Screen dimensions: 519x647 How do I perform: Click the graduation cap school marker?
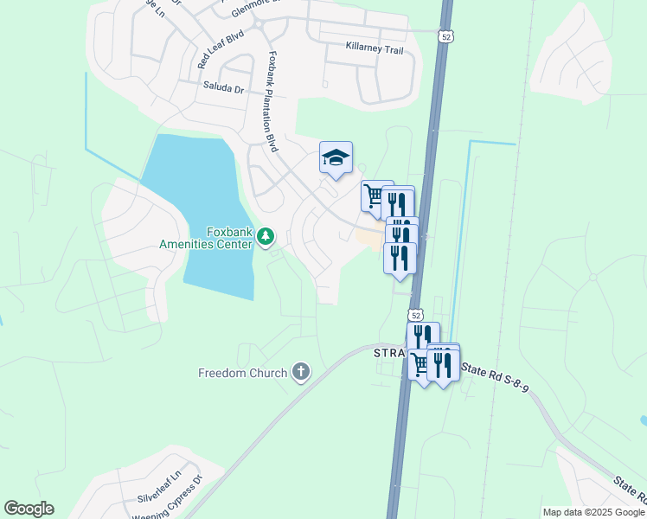336,158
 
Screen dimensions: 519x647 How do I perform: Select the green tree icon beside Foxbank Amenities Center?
266,236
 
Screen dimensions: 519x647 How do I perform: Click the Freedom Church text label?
241,373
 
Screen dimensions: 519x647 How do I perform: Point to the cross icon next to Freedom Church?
300,373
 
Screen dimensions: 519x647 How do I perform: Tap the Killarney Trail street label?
374,49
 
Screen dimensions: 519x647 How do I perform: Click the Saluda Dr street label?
224,87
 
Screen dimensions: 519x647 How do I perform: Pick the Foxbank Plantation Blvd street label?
272,102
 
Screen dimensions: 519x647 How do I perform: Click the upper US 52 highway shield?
445,36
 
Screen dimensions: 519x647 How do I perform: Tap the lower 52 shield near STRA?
416,315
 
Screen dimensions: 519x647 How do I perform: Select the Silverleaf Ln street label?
160,489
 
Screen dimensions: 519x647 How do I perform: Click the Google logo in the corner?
29,509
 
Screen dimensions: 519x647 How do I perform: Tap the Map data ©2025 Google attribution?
593,512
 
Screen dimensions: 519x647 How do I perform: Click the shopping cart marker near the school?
375,195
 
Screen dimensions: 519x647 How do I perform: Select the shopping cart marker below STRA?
421,365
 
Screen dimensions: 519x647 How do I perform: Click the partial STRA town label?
389,354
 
